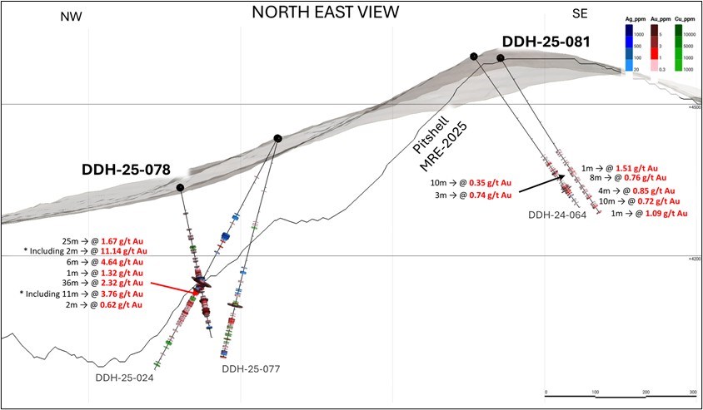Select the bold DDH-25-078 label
[126, 170]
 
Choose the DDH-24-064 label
[558, 215]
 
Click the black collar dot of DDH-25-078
[181, 189]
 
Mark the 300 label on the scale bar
[692, 391]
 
